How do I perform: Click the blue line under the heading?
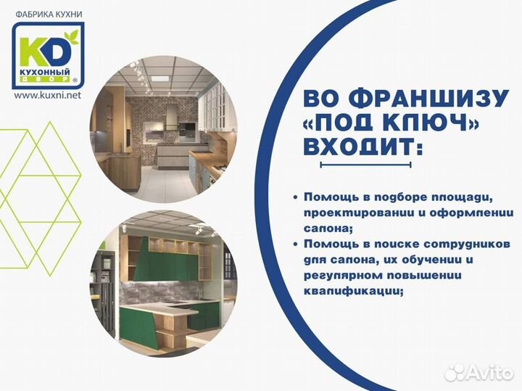[365, 166]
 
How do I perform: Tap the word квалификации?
[352, 289]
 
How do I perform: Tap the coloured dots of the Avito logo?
[456, 372]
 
